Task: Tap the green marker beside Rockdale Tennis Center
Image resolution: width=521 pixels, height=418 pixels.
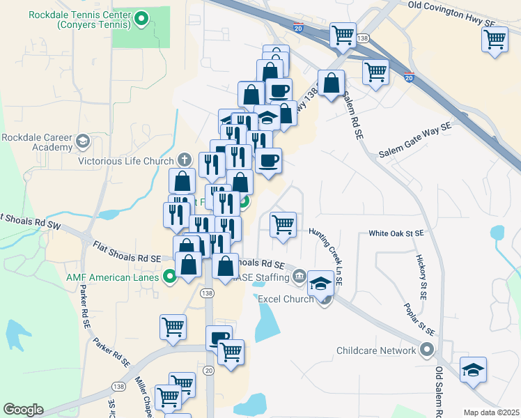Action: (142, 20)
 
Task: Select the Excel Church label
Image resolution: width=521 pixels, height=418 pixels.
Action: (287, 300)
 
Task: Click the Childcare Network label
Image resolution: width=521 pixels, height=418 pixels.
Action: (376, 350)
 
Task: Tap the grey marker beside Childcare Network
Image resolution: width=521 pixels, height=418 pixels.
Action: (426, 350)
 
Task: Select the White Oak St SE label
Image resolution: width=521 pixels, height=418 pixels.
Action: (396, 234)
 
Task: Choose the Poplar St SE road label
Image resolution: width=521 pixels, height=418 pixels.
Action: (420, 319)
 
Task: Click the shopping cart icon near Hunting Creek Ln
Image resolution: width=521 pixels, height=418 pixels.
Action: (283, 225)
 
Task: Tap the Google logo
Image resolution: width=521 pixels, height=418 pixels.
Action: (23, 409)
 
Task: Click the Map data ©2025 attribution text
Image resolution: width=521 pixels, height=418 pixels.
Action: (492, 412)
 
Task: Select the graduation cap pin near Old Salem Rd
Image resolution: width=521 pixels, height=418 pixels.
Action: (473, 371)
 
